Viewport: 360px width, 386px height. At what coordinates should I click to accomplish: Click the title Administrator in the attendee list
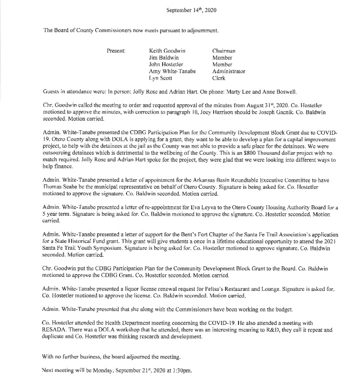pyautogui.click(x=229, y=72)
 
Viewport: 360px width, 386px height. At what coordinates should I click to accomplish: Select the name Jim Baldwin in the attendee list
pyautogui.click(x=164, y=58)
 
